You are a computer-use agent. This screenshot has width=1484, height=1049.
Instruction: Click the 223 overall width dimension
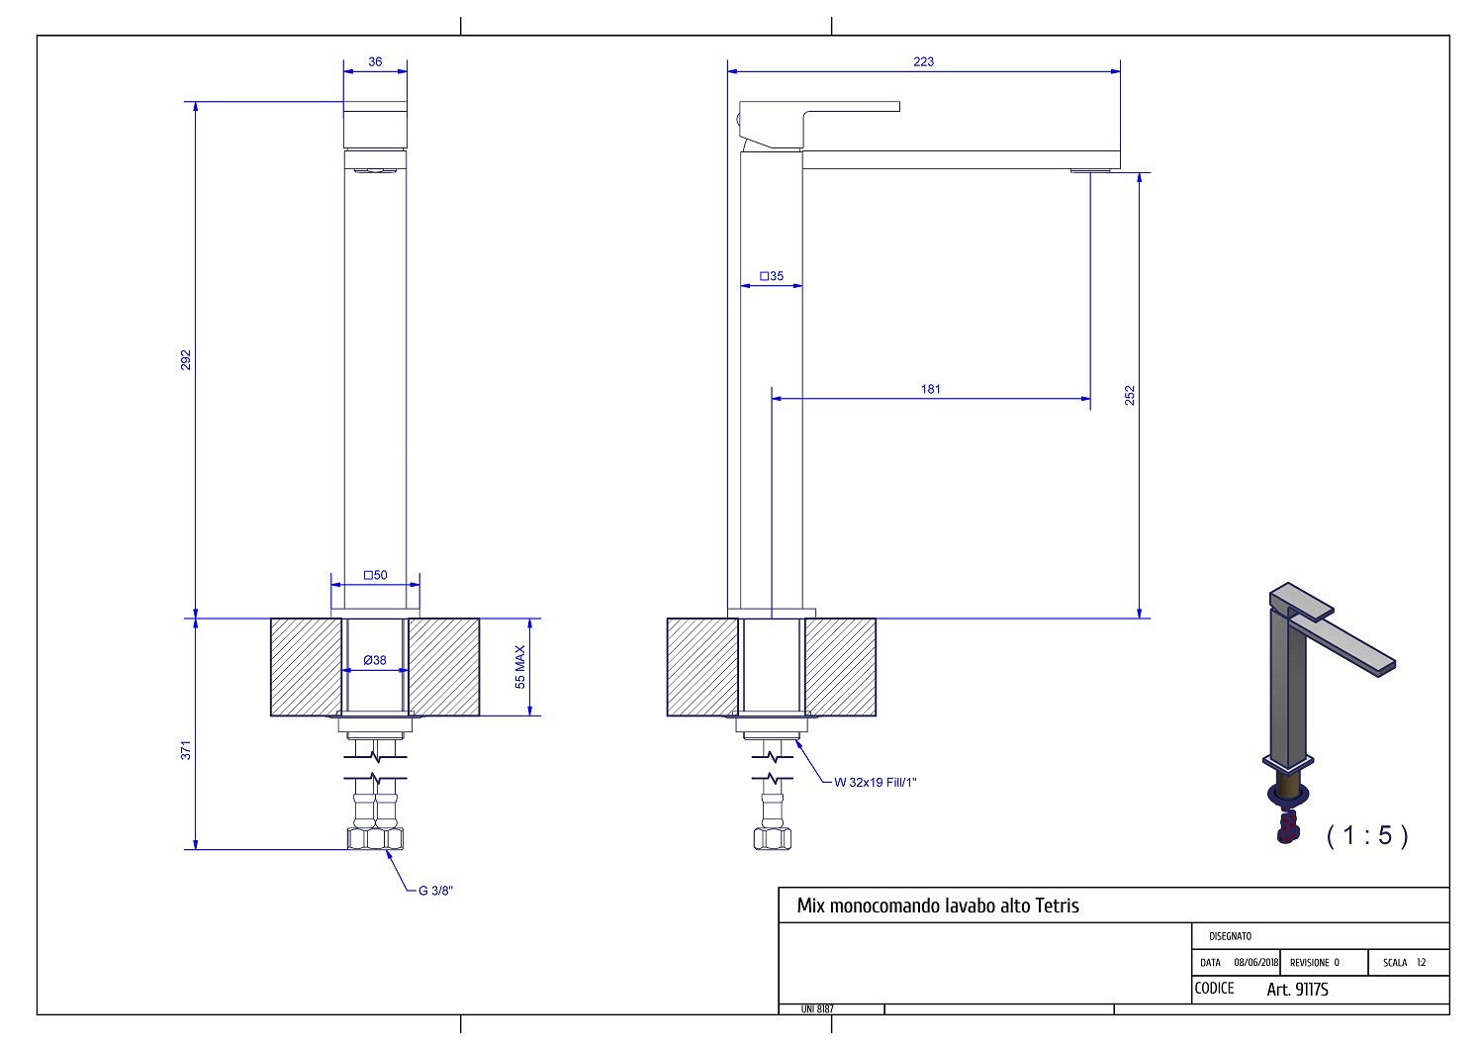pos(923,61)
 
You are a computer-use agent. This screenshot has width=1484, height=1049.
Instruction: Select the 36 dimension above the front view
pos(375,61)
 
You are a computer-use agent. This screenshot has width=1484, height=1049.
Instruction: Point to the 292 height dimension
pos(186,360)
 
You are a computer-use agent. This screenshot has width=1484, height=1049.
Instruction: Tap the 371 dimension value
pos(186,750)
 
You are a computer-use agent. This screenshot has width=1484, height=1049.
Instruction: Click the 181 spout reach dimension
pos(930,389)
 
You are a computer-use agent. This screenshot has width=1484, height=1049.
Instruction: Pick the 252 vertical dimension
pos(1130,396)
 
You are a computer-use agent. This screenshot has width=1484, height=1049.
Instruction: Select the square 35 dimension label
pos(771,276)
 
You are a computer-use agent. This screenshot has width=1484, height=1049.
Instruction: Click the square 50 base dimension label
pos(375,575)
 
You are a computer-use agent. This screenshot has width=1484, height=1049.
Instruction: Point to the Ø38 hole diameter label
pos(375,660)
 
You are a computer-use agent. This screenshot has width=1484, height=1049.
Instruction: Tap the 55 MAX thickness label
pos(520,667)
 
